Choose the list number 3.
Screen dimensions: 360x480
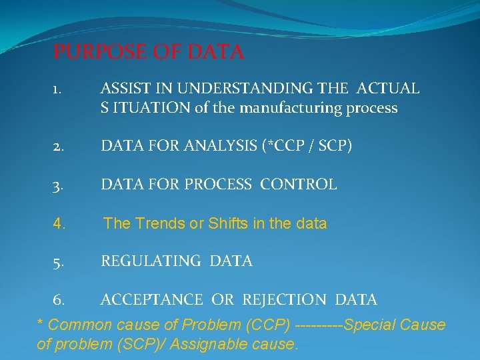pyautogui.click(x=59, y=185)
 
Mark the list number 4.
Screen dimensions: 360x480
pyautogui.click(x=59, y=224)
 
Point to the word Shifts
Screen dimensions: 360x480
pyautogui.click(x=228, y=223)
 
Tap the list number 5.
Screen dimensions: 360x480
pyautogui.click(x=59, y=262)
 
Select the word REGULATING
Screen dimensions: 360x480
pyautogui.click(x=151, y=261)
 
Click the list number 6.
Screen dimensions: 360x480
pyautogui.click(x=59, y=301)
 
